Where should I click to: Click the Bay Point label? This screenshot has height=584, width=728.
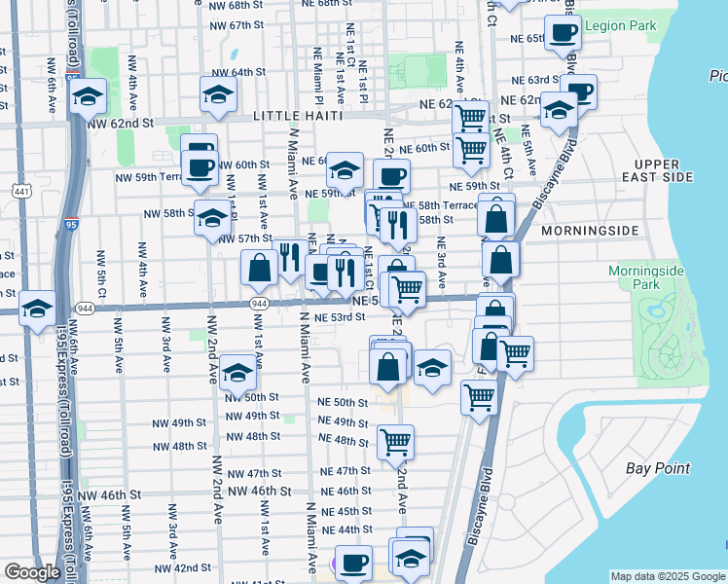click(658, 468)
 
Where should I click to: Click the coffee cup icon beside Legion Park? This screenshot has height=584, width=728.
click(561, 33)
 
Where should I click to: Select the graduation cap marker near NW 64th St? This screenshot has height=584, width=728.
click(218, 94)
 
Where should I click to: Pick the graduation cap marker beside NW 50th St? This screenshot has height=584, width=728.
click(237, 372)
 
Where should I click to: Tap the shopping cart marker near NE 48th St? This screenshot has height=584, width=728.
click(395, 441)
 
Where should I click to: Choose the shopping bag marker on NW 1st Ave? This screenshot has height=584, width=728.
click(260, 268)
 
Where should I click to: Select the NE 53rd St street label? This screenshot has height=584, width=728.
click(341, 317)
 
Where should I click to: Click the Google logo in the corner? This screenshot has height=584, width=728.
click(32, 572)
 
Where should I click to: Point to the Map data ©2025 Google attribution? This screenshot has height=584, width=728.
click(667, 576)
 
